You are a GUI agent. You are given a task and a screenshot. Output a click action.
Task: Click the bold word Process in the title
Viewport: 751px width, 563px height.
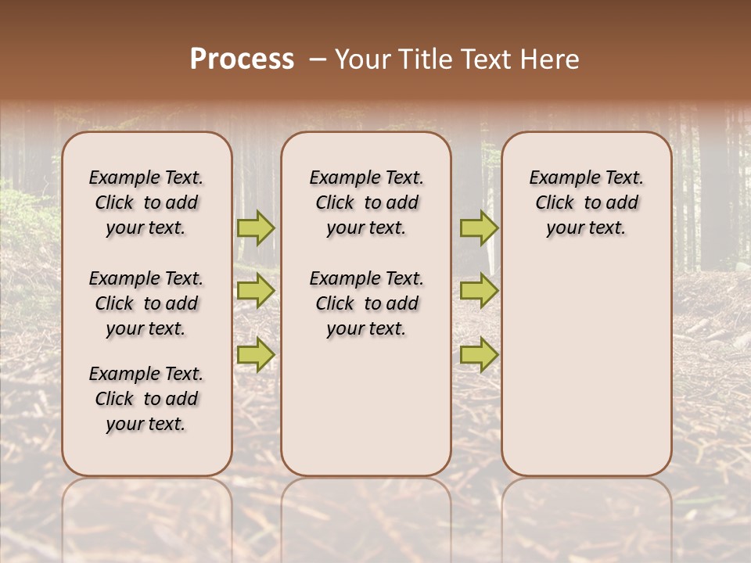coord(242,59)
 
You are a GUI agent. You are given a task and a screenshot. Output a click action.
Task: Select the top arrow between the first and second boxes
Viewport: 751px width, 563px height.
coord(256,228)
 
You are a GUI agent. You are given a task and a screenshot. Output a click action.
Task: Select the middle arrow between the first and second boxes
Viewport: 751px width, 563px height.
coord(256,291)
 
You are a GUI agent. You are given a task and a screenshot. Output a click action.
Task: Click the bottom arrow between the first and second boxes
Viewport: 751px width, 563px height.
coord(256,354)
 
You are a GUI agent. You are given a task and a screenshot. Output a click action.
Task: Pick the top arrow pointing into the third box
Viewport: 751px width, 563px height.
coord(479,228)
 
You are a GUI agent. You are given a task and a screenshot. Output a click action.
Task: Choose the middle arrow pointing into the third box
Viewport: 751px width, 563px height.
coord(479,291)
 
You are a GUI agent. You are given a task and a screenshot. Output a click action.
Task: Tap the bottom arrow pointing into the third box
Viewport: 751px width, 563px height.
coord(479,354)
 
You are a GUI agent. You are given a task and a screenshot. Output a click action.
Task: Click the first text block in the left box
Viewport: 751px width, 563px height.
coord(146,203)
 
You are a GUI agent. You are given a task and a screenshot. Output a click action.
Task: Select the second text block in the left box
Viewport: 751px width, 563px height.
coord(146,303)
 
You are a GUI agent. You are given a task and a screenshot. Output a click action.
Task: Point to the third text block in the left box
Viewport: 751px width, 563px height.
coord(146,399)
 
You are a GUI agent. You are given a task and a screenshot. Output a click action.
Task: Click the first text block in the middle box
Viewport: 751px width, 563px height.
coord(366,203)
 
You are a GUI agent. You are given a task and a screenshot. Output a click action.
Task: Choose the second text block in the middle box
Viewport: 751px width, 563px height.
coord(366,303)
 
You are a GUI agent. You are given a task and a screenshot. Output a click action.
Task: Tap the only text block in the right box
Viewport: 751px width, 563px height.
coord(586,203)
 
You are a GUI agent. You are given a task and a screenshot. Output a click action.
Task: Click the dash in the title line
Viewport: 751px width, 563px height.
coord(317,60)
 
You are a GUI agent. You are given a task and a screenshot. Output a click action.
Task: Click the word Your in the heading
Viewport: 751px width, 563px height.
coord(361,59)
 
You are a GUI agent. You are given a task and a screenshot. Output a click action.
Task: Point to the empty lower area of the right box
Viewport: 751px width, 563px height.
coord(586,368)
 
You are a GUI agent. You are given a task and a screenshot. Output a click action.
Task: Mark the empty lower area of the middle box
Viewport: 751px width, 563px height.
coord(366,407)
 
